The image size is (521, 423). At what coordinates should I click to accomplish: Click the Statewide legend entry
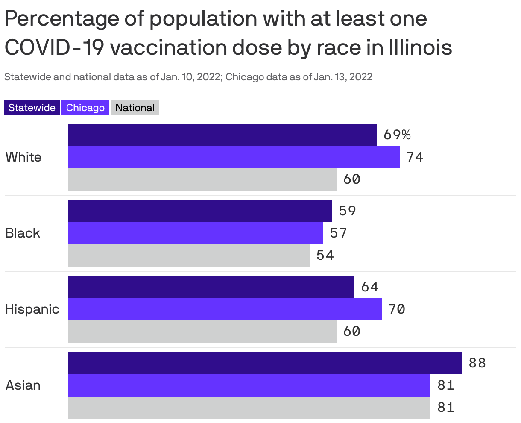pos(32,108)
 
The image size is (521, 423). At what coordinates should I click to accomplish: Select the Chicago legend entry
pos(85,108)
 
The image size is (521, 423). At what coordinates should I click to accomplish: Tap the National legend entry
pos(135,108)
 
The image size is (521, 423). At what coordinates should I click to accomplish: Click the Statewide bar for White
pos(222,135)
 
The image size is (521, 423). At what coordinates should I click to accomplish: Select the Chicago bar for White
pos(234,157)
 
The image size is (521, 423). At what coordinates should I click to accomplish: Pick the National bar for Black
pos(189,256)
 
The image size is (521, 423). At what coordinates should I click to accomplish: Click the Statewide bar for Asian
pos(265,363)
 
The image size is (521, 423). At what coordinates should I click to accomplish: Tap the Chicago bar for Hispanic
pos(225,309)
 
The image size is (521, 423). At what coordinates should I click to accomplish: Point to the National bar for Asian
pos(249,408)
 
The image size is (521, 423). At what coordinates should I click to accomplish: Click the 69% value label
pos(397,135)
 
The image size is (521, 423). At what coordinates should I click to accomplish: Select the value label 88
pos(477,363)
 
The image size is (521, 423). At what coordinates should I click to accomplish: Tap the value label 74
pos(415,157)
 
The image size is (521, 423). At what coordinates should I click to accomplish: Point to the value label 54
pos(325,256)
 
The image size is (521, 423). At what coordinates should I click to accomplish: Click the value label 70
pos(397,309)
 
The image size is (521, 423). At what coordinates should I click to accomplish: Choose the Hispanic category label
pos(32,309)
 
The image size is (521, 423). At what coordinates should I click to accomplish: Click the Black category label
pos(23,233)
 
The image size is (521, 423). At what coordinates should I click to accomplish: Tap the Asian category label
pos(23,385)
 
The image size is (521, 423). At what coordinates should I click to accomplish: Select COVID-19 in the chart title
pos(54,48)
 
